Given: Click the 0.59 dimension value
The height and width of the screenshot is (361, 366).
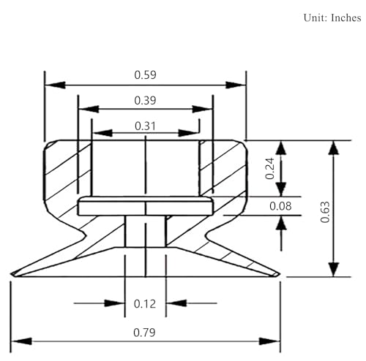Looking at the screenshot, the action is pos(145,75).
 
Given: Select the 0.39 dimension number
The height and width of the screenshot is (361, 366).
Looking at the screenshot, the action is pos(145,100).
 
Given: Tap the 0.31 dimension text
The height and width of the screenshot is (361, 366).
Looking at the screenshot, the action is pos(145,126).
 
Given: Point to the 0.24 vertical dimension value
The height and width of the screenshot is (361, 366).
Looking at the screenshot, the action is pos(270,168).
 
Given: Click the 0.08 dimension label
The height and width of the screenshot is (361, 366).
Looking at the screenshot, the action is pos(280,206).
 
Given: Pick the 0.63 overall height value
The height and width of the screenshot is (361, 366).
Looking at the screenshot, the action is pos(325,212).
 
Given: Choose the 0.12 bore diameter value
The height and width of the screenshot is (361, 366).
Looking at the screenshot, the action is pos(145,304).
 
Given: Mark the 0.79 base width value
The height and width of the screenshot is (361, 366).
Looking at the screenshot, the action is pos(144,332).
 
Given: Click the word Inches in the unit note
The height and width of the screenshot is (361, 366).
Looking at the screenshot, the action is pos(346,18).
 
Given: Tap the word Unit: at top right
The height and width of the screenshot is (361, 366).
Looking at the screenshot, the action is pos(315,18).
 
